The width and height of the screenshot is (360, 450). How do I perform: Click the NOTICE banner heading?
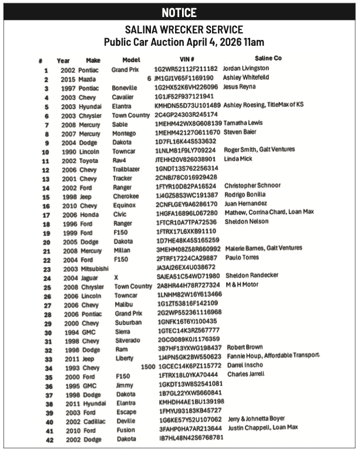[179, 12]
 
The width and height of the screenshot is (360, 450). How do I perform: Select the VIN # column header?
[187, 59]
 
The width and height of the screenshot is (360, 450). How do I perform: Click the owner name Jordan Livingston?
[246, 69]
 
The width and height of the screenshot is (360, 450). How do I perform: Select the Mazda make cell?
[88, 79]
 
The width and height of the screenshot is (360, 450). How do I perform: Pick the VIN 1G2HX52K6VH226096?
[186, 87]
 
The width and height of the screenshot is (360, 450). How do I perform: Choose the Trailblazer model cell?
[128, 168]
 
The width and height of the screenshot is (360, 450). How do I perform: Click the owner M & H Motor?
[243, 285]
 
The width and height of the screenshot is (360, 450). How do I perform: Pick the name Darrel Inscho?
[247, 365]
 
